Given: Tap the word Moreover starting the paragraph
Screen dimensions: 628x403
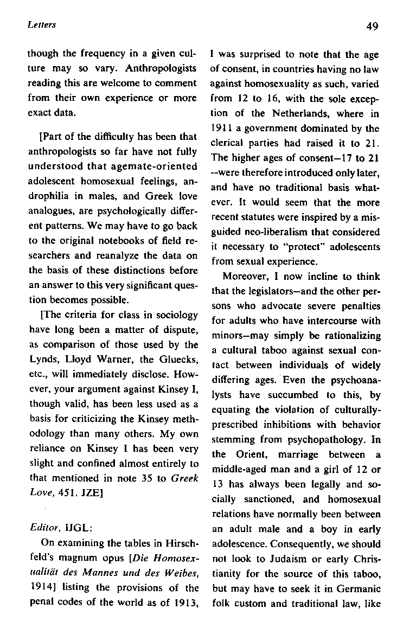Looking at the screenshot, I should pos(244,275).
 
